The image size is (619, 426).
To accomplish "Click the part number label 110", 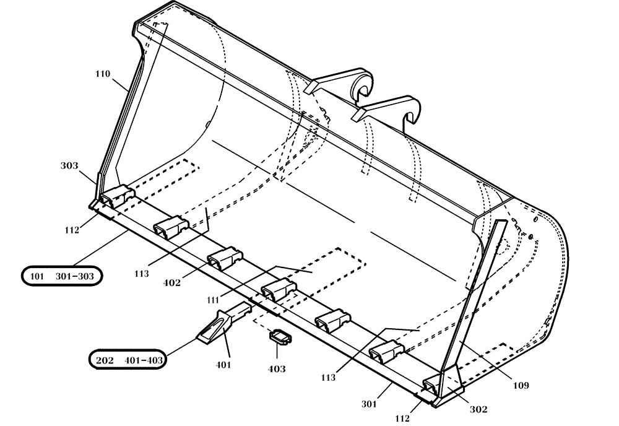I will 102,74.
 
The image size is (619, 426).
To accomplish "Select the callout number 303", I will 69,166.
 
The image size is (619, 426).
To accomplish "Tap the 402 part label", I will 172,283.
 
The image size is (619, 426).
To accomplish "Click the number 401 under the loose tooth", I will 223,365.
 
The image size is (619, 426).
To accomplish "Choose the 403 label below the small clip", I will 277,368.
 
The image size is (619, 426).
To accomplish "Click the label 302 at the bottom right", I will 478,409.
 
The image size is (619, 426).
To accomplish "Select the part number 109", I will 521,386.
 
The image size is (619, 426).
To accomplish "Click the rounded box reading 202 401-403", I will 128,359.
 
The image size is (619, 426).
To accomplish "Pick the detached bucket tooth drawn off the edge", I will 222,321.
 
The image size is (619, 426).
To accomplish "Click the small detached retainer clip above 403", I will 279,336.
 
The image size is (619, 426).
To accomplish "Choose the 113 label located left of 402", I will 142,272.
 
